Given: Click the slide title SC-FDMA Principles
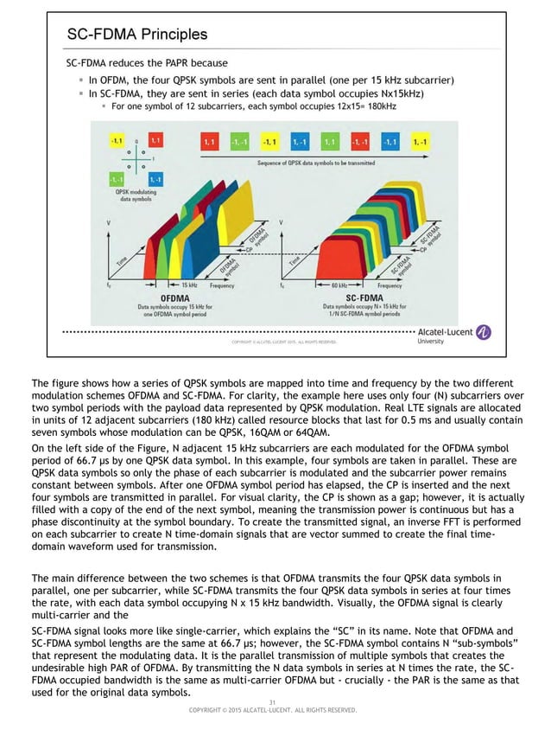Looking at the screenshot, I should coord(137,35).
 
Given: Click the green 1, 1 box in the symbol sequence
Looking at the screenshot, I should coord(328,141).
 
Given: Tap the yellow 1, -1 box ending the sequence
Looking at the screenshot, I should coord(421,141).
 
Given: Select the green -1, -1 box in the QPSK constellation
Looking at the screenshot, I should coord(116,179).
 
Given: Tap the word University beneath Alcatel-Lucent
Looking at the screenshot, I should coord(431,341).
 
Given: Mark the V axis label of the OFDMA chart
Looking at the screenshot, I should coord(108,222).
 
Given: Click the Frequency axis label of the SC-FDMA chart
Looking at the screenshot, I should coord(389,284).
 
